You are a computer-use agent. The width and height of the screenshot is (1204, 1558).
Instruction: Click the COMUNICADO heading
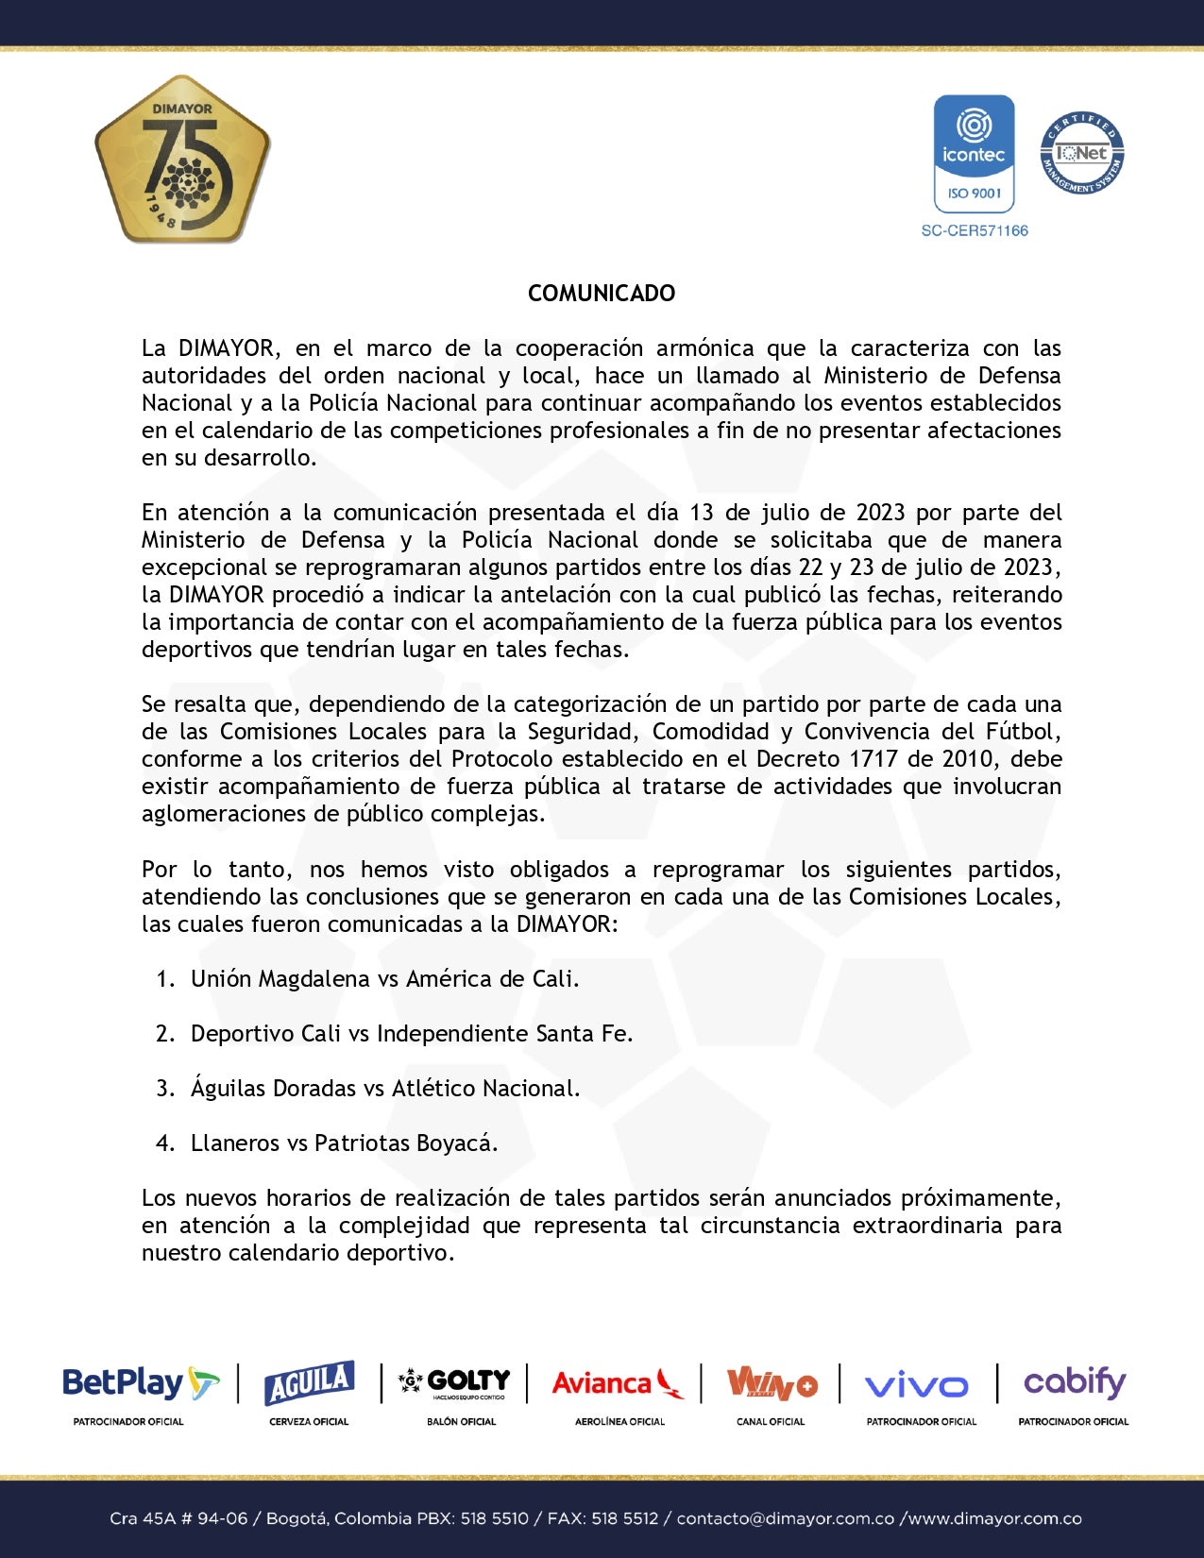[602, 294]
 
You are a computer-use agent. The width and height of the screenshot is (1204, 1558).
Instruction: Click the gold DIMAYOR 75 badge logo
[182, 159]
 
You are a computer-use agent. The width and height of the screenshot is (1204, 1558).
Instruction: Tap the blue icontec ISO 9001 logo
[974, 154]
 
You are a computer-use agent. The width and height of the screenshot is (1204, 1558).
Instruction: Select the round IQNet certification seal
[1082, 154]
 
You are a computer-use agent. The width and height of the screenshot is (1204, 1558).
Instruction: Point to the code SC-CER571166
[975, 230]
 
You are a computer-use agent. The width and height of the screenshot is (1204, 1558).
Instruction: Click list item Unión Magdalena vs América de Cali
[384, 979]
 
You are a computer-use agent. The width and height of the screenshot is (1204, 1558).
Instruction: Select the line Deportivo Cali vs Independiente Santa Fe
[411, 1034]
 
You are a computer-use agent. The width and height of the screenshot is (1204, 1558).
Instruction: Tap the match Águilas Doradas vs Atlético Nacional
[384, 1089]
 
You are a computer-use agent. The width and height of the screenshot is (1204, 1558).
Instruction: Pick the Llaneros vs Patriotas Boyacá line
[344, 1143]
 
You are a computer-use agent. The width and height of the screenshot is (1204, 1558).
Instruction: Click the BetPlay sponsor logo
[140, 1384]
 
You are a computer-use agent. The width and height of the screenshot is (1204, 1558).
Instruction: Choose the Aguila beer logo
[309, 1384]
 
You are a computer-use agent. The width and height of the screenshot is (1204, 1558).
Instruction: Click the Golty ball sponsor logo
[455, 1383]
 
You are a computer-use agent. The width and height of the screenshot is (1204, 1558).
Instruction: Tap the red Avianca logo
[618, 1384]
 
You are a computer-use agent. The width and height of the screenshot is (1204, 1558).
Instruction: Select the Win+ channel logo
[771, 1385]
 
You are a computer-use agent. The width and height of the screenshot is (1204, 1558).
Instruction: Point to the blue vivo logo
[916, 1386]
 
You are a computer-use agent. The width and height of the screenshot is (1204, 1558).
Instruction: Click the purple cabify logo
[1075, 1383]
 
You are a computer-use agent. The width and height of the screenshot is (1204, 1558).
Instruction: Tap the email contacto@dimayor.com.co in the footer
[785, 1519]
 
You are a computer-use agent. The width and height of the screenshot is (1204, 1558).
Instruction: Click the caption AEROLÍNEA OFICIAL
[619, 1422]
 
